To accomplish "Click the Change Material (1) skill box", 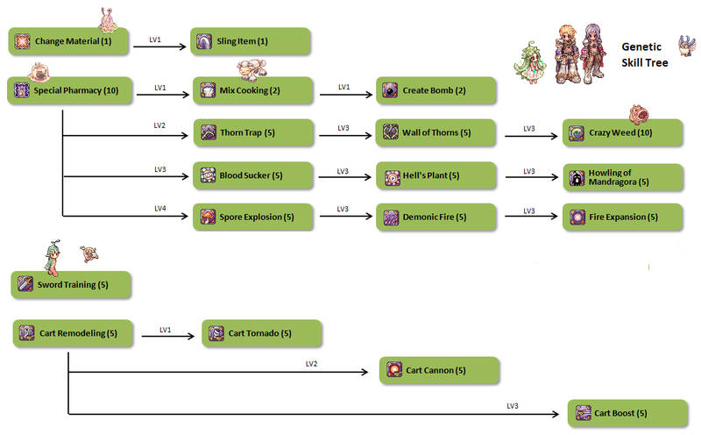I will click(68, 41).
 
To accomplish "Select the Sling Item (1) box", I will click(252, 41).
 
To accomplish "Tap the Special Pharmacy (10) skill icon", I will click(22, 90).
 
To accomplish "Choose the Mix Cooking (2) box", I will click(252, 90).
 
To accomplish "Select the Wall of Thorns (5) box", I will click(436, 132).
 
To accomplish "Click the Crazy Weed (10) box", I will click(622, 132).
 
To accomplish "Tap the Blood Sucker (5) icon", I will click(207, 175).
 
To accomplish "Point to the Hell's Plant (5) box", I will click(436, 175).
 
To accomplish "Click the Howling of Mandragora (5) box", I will click(622, 177).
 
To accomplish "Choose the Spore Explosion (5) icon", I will click(207, 216).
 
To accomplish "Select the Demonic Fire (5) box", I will click(436, 216).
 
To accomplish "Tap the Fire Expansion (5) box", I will click(622, 216).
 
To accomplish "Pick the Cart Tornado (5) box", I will click(262, 333).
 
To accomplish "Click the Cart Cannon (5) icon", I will click(394, 370).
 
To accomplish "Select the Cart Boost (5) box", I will click(627, 413).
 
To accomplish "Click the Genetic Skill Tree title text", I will click(644, 54).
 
